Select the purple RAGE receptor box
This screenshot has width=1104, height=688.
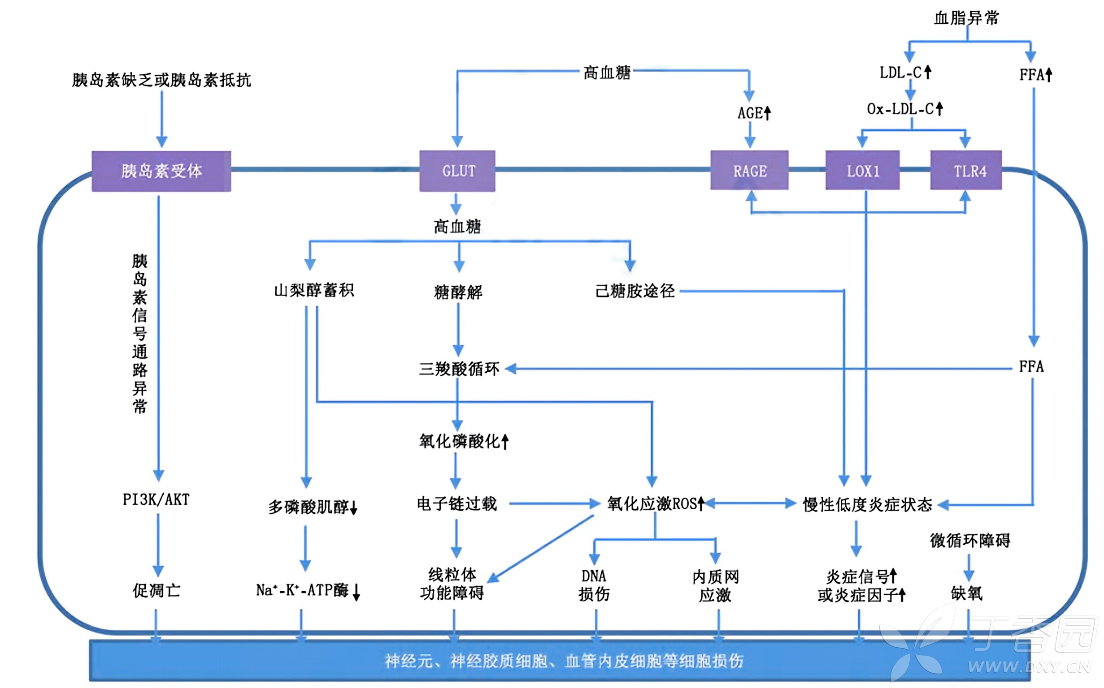coord(749,171)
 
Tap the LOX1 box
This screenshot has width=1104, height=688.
coord(862,171)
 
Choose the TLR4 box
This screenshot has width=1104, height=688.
coord(965,171)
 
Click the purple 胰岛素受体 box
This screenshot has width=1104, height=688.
coord(161,171)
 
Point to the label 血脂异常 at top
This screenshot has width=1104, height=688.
coord(966,18)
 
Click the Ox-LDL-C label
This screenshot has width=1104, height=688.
coord(904,109)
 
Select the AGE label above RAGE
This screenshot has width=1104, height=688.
coord(753,113)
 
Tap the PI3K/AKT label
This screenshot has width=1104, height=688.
coord(156,499)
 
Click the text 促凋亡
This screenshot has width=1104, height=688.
coord(156,591)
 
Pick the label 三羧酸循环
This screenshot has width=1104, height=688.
coord(459,369)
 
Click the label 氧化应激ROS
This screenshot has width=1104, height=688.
coord(655,504)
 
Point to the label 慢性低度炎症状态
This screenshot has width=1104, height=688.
coord(867,505)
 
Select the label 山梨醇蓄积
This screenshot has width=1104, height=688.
coord(314,290)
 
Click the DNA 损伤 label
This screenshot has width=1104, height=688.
coord(594,585)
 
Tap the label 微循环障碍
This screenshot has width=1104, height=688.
coord(969,541)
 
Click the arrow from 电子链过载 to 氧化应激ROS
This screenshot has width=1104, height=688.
coord(553,504)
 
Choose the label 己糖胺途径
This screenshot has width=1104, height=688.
coord(635,291)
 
